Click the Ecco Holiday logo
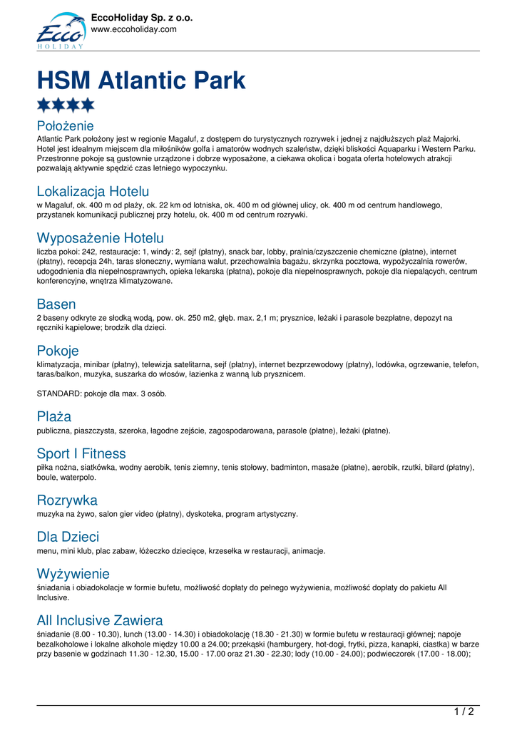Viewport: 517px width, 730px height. pyautogui.click(x=61, y=31)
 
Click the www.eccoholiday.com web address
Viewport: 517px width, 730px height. pyautogui.click(x=133, y=29)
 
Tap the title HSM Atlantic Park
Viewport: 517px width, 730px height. pyautogui.click(x=141, y=81)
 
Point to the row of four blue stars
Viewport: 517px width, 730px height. pyautogui.click(x=66, y=106)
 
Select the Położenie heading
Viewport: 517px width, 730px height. pyautogui.click(x=65, y=126)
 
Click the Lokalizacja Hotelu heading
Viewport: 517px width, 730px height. pyautogui.click(x=93, y=191)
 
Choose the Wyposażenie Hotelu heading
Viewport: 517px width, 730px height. pyautogui.click(x=100, y=237)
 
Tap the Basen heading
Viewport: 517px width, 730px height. pyautogui.click(x=56, y=304)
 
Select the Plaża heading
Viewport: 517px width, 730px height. pyautogui.click(x=54, y=416)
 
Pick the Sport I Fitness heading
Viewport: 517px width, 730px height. pyautogui.click(x=81, y=453)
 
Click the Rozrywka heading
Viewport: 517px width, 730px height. pyautogui.click(x=67, y=500)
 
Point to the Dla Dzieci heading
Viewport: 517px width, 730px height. pyautogui.click(x=68, y=537)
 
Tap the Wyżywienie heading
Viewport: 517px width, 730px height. pyautogui.click(x=73, y=573)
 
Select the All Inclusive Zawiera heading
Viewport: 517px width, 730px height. pyautogui.click(x=100, y=620)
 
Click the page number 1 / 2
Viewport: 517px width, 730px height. pyautogui.click(x=464, y=711)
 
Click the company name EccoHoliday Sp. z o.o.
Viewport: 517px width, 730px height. pyautogui.click(x=142, y=18)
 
